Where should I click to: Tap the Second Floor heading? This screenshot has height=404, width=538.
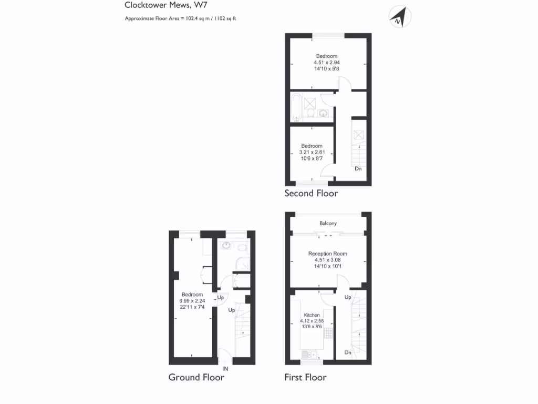[x=311, y=194]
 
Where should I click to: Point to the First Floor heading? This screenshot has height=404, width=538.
[x=305, y=377]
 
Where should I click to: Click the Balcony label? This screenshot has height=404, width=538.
[x=328, y=224]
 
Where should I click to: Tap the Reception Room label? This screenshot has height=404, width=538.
[x=327, y=254]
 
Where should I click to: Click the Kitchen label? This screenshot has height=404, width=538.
[x=312, y=315]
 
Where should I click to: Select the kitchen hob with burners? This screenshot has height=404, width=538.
[x=328, y=333]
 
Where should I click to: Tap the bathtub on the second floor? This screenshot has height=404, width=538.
[x=296, y=107]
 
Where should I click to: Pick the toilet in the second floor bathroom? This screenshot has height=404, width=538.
[x=312, y=113]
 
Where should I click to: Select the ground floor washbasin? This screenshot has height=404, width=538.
[x=226, y=245]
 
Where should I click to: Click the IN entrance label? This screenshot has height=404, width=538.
[x=225, y=369]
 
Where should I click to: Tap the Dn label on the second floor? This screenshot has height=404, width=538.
[x=358, y=169]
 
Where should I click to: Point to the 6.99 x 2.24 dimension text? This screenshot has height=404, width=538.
[x=192, y=301]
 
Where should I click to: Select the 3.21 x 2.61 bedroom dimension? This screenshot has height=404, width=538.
[x=312, y=152]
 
